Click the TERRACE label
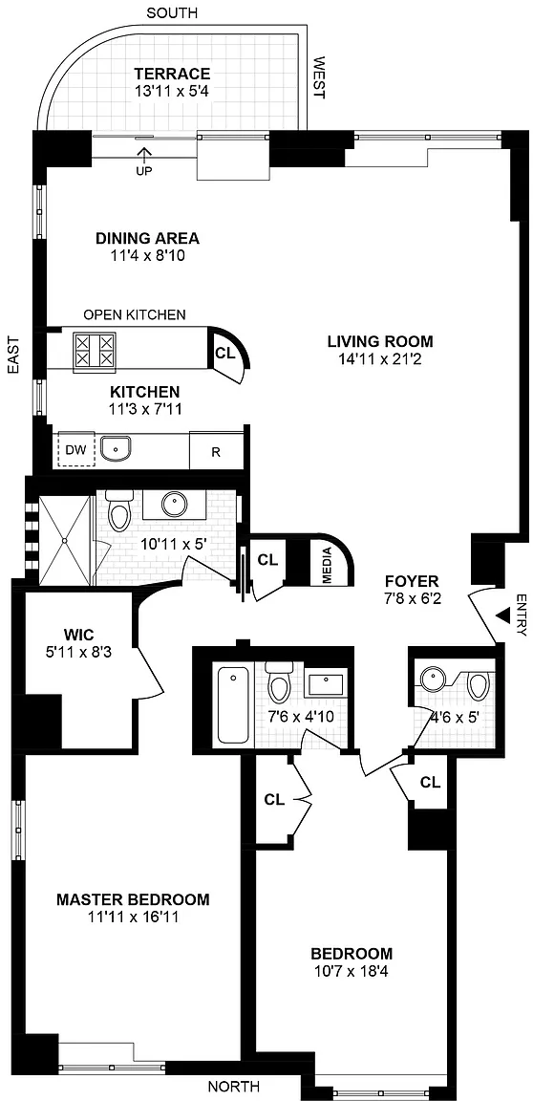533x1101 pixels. point(173,73)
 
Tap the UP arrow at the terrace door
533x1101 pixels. point(146,154)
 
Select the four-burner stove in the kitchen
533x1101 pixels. point(94,349)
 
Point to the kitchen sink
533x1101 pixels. point(115,448)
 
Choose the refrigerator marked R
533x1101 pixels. point(216,450)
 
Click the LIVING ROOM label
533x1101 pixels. point(381,342)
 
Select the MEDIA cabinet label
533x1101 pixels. point(326,565)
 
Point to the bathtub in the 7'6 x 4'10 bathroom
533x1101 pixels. point(233,705)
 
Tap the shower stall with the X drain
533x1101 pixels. point(65,539)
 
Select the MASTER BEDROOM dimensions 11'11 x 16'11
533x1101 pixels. point(133,917)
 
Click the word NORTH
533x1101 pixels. point(233,1087)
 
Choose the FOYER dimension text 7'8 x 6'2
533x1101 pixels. point(412,598)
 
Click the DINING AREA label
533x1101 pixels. point(147,238)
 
